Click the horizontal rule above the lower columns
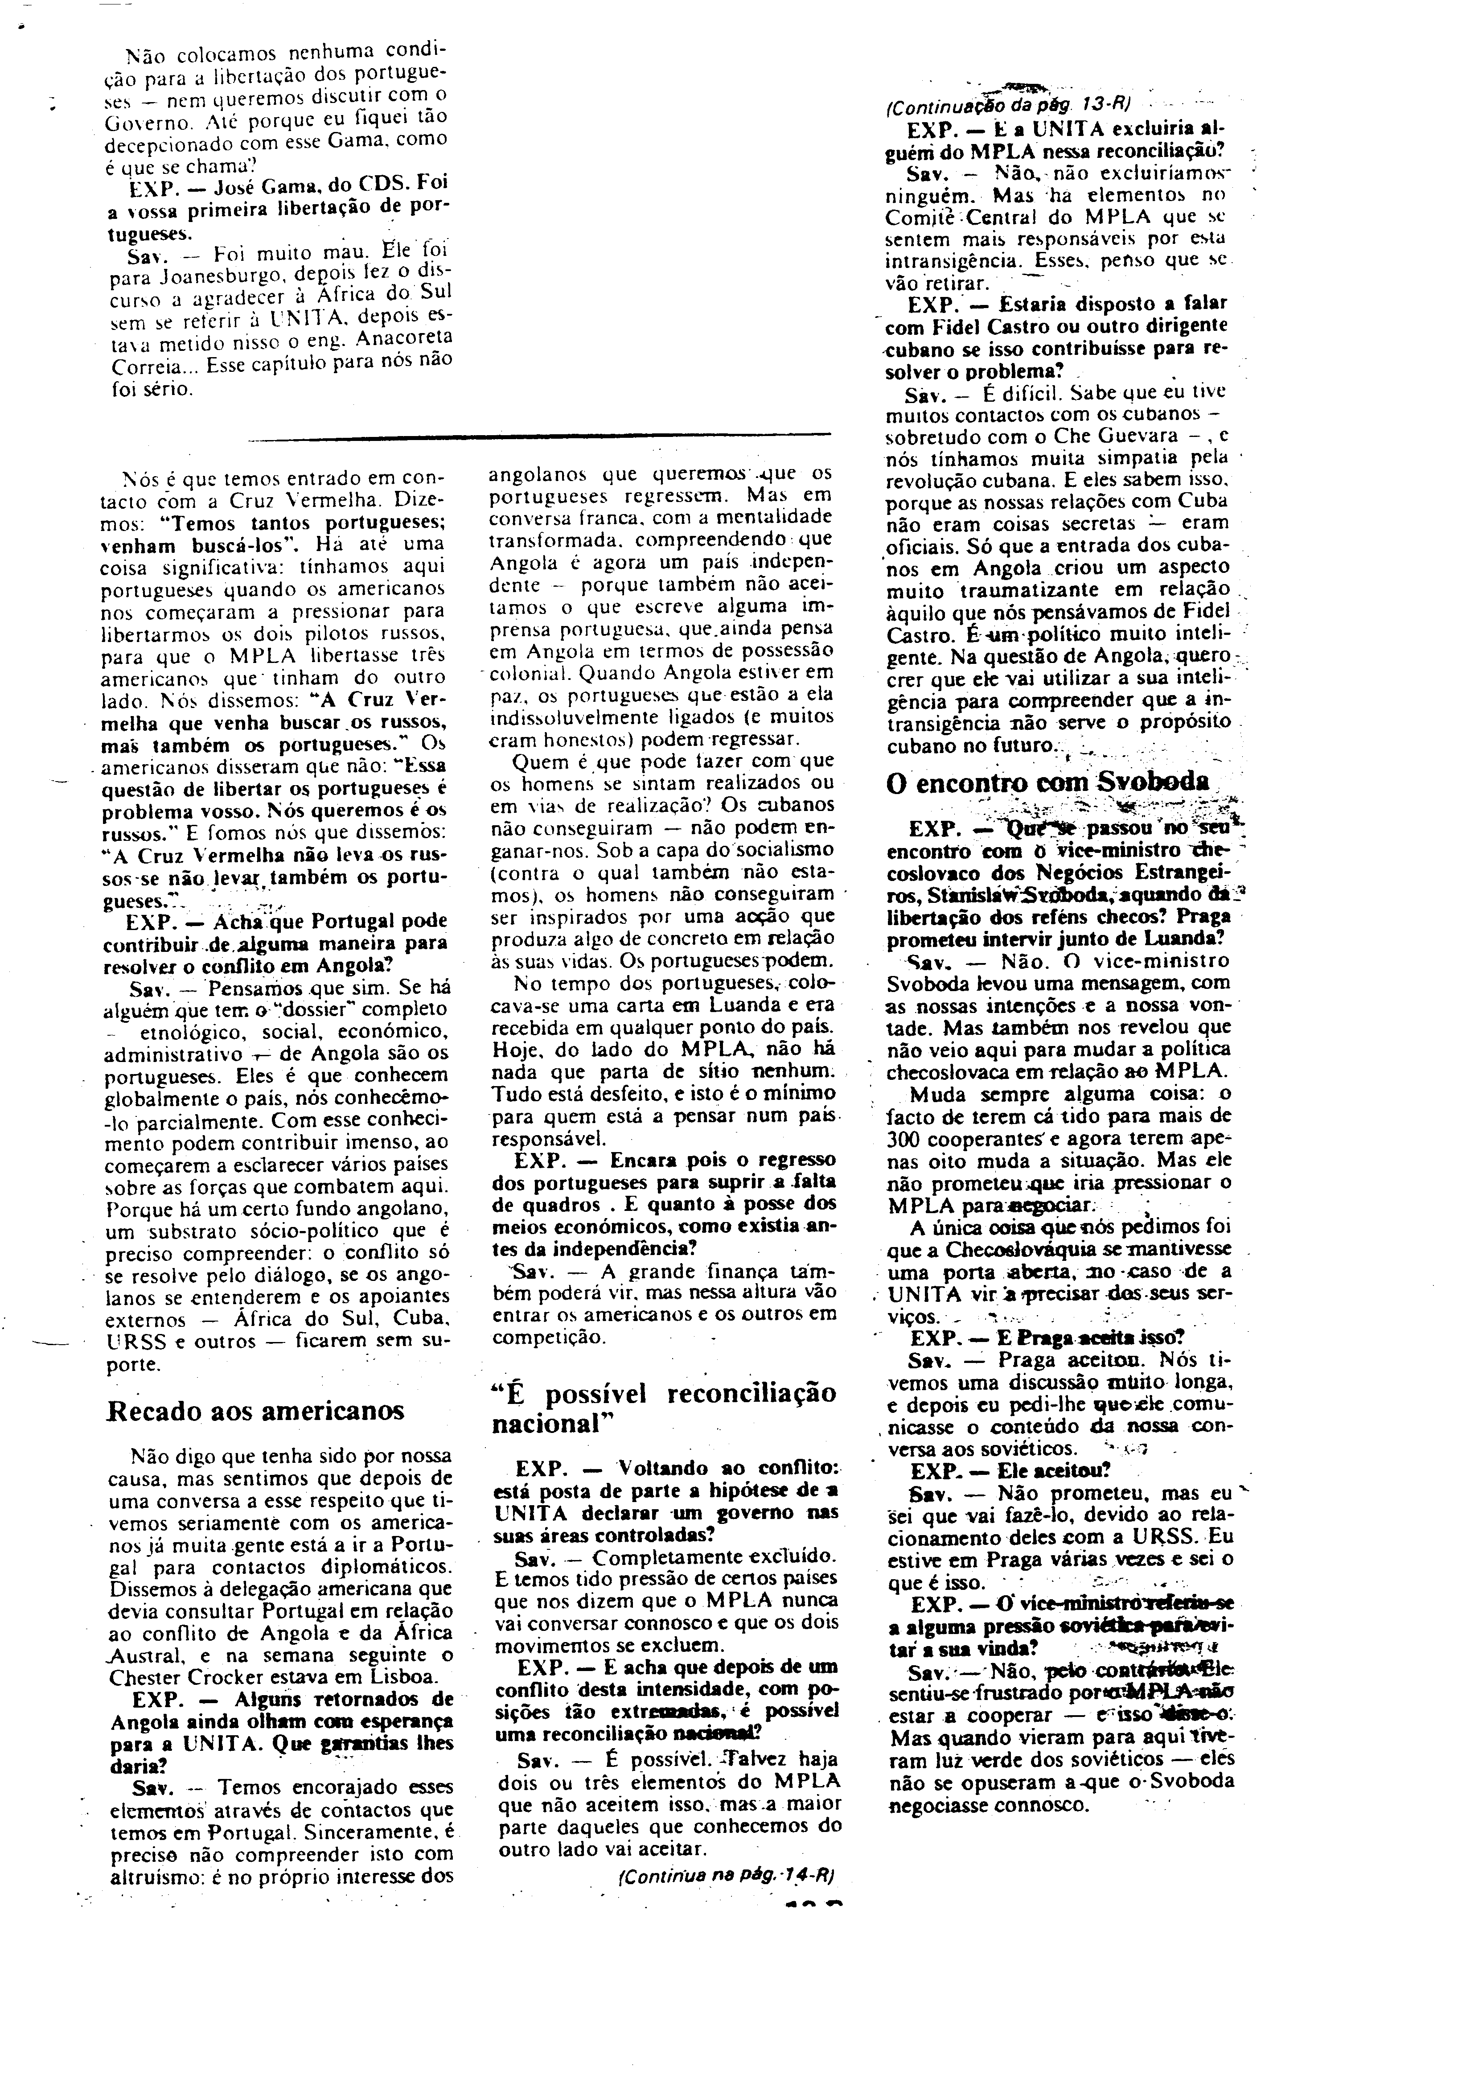(539, 438)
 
